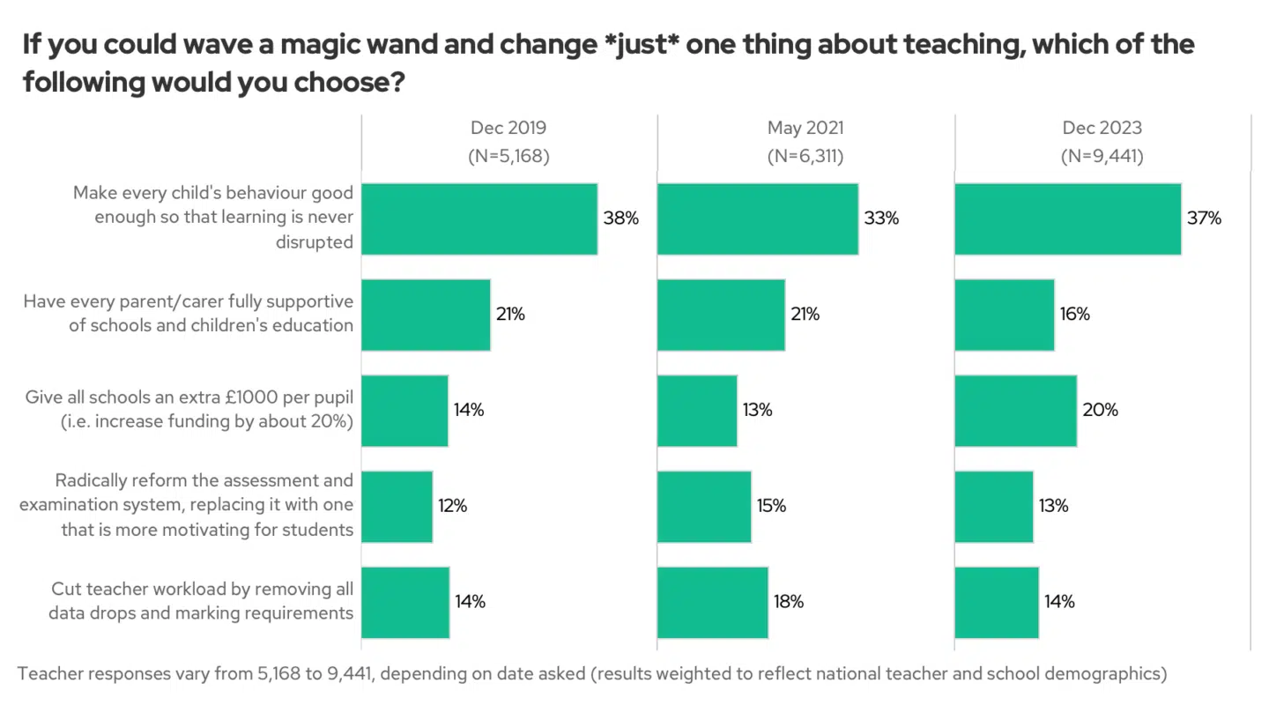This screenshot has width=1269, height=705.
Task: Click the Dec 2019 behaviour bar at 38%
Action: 479,219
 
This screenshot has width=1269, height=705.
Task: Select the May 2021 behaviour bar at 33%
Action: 758,219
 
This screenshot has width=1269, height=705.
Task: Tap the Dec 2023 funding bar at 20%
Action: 1015,411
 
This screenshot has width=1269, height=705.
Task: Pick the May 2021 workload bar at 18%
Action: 712,603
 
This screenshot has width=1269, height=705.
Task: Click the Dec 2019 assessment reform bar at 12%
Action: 397,507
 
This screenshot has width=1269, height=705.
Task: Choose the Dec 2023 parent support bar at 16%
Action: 1005,315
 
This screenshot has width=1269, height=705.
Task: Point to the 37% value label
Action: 1204,219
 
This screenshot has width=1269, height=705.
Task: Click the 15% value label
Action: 771,507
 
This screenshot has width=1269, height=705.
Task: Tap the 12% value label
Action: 452,507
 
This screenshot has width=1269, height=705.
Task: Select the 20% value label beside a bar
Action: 1100,411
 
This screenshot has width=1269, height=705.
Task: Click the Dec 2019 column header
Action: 508,129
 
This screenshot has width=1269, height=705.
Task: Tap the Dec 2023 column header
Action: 1102,129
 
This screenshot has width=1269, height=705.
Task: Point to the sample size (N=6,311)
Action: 805,157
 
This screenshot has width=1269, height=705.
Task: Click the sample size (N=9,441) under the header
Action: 1102,157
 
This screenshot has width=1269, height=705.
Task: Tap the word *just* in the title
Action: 635,44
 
